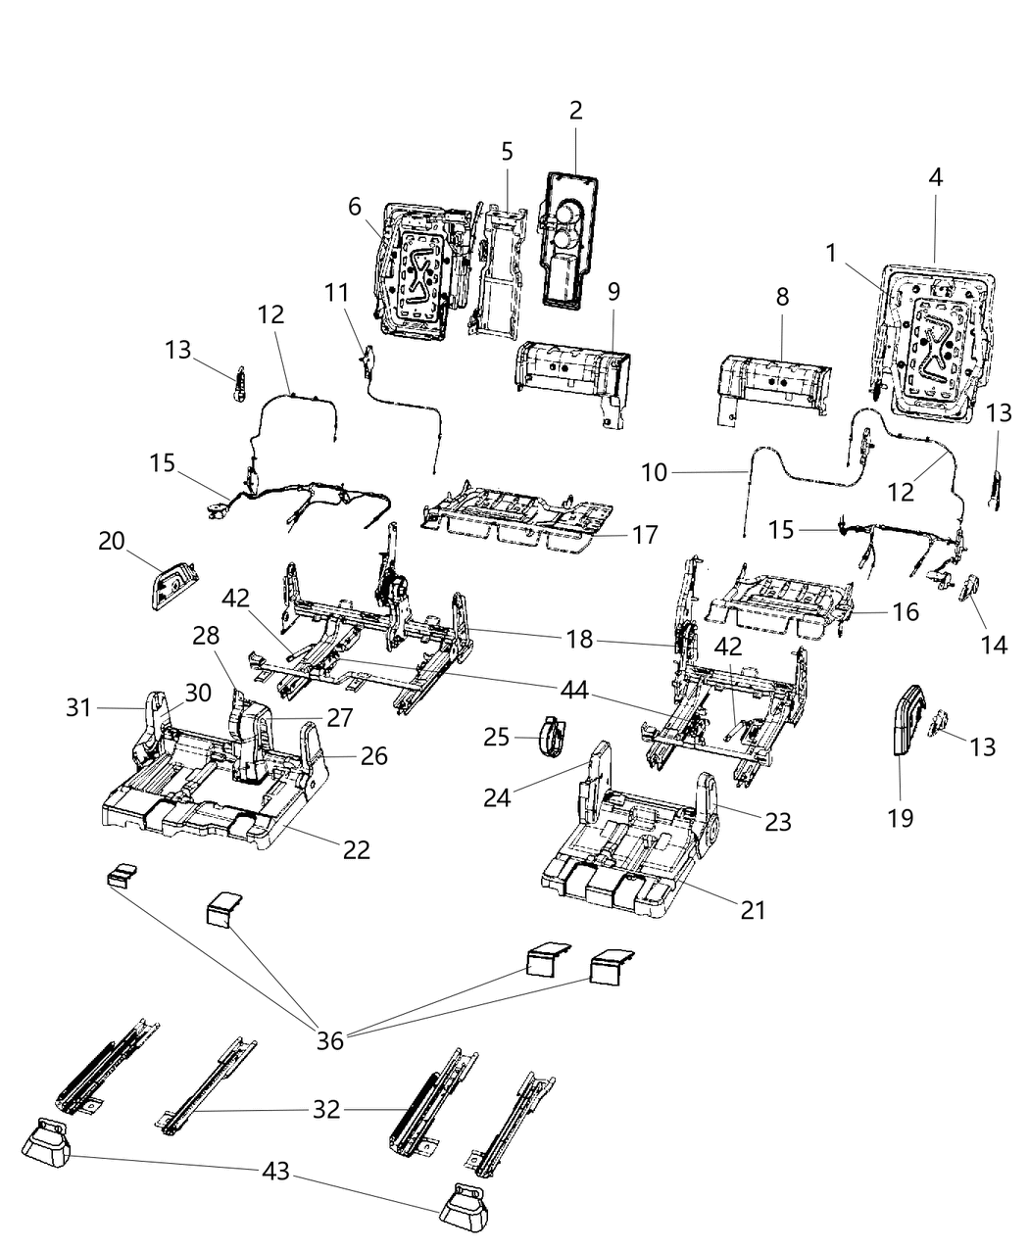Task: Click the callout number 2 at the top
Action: click(x=575, y=111)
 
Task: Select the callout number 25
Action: click(x=497, y=736)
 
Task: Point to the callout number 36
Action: click(x=330, y=1039)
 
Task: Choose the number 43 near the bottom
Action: click(x=276, y=1171)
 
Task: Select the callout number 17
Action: click(x=645, y=535)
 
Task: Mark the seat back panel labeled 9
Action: click(x=571, y=382)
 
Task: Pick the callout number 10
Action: click(x=654, y=472)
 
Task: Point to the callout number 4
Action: click(x=935, y=178)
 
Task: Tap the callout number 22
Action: click(x=356, y=849)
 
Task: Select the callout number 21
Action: click(x=752, y=910)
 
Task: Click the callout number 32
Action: click(x=326, y=1110)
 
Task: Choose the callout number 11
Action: click(x=336, y=292)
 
